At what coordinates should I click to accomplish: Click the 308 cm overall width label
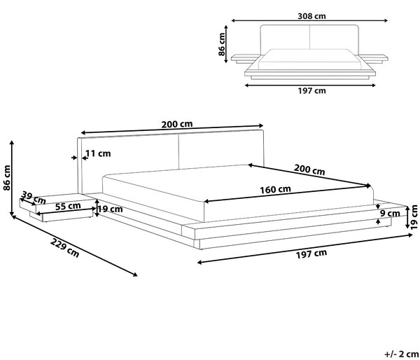[x=311, y=16]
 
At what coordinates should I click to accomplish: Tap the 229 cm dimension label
[x=65, y=248]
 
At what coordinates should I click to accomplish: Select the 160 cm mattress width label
[x=275, y=190]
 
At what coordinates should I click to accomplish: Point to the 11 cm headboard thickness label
[x=98, y=153]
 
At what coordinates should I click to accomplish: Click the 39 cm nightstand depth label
[x=33, y=198]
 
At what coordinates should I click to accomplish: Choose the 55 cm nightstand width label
[x=68, y=206]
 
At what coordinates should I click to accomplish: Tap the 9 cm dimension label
[x=390, y=214]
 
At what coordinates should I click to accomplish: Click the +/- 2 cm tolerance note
[x=402, y=354]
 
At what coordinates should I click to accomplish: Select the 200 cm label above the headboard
[x=177, y=124]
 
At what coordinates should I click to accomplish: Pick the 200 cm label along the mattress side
[x=309, y=169]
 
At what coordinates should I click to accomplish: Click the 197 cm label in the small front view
[x=311, y=91]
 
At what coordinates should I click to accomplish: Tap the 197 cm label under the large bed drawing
[x=311, y=254]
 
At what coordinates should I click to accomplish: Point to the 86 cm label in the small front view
[x=222, y=44]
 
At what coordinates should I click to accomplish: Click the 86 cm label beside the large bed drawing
[x=7, y=178]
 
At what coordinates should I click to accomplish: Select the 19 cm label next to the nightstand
[x=110, y=209]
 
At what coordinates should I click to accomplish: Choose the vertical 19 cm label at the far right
[x=414, y=217]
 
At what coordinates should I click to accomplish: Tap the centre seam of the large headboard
[x=178, y=152]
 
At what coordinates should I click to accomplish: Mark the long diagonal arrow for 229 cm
[x=73, y=245]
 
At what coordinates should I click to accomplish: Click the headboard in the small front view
[x=309, y=38]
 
